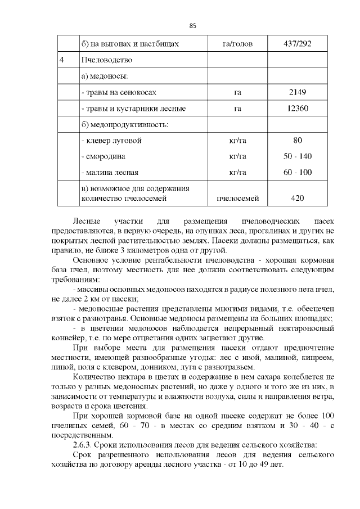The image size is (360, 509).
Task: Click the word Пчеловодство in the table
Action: [x=107, y=59]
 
